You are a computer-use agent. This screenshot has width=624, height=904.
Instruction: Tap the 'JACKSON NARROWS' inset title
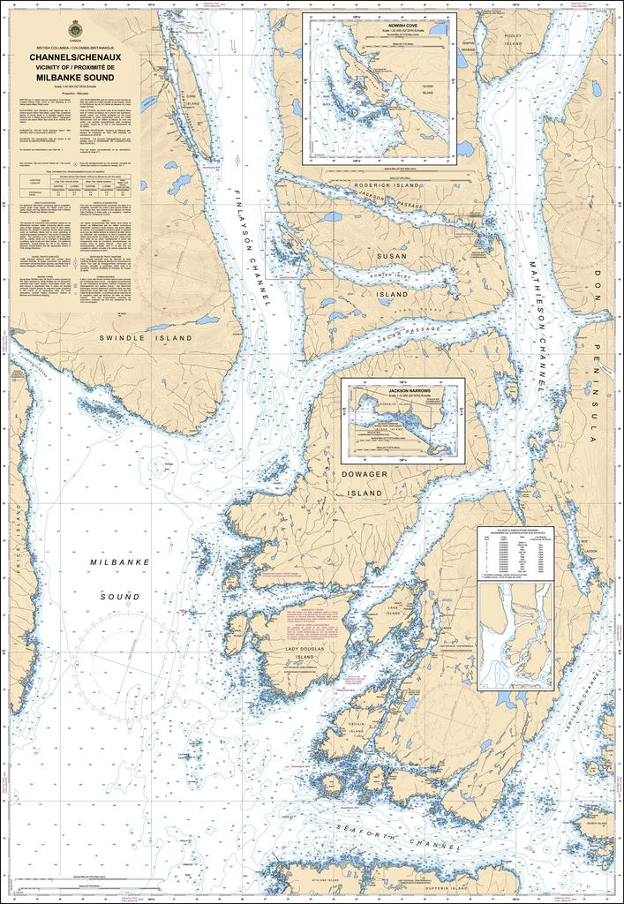402,389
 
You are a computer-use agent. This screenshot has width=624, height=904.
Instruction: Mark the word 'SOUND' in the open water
119,597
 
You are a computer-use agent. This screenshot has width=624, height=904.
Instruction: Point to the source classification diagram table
515,554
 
